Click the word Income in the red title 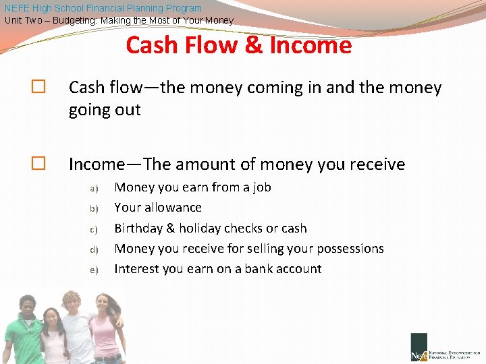point(310,46)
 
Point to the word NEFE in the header point(17,8)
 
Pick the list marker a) point(94,188)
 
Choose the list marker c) point(94,229)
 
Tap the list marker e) point(94,270)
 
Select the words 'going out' point(105,110)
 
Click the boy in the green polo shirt point(24,330)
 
